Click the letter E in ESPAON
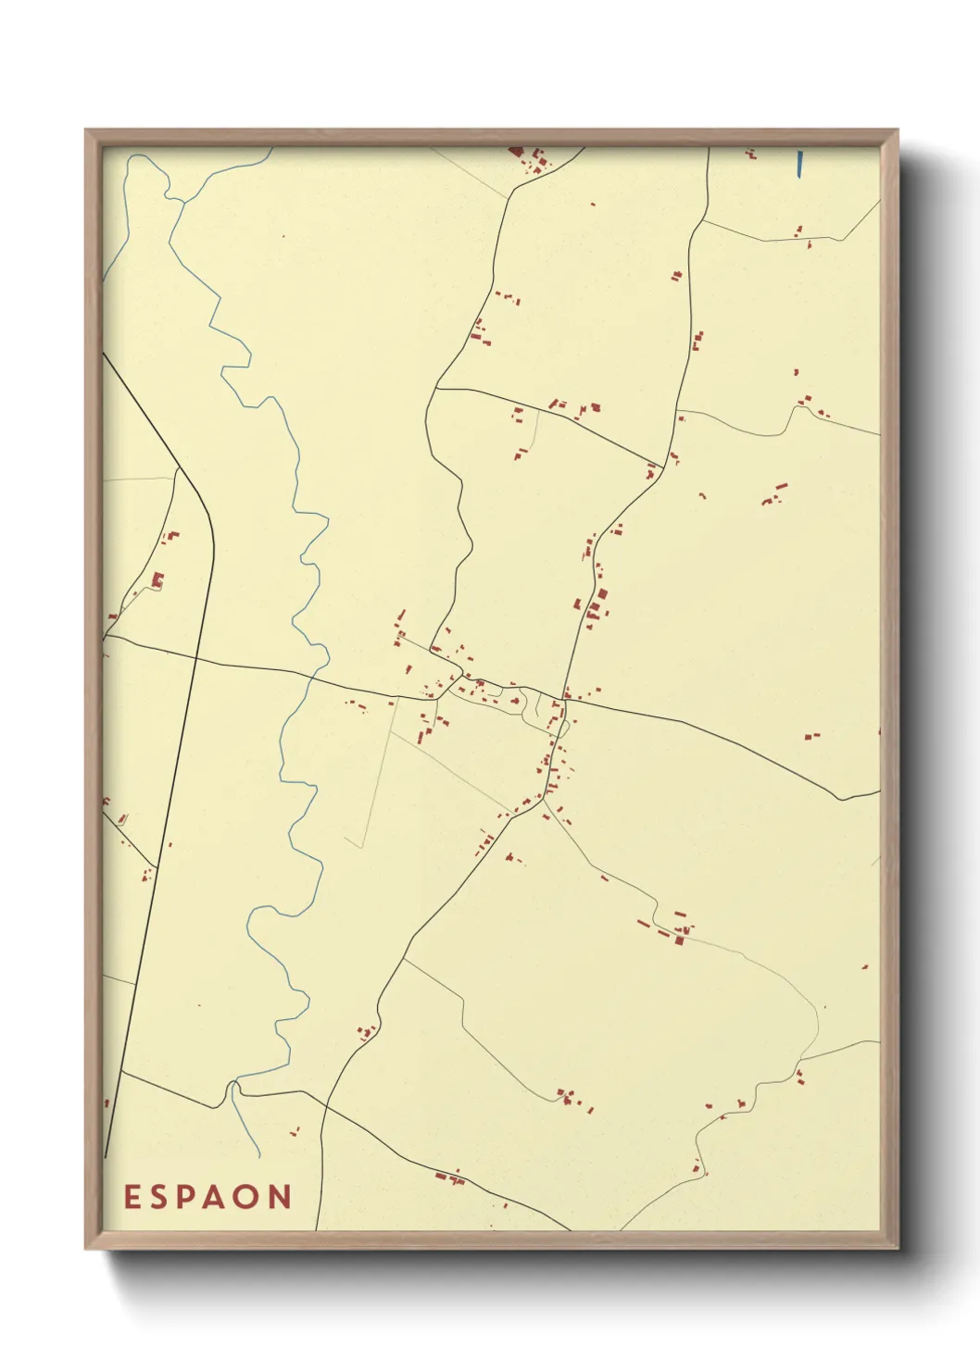tap(132, 1197)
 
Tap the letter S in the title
tap(162, 1197)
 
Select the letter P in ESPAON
tap(192, 1197)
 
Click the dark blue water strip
tap(799, 163)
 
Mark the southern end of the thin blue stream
tap(259, 1157)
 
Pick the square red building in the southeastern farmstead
tap(679, 940)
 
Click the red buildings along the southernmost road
tap(448, 1177)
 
